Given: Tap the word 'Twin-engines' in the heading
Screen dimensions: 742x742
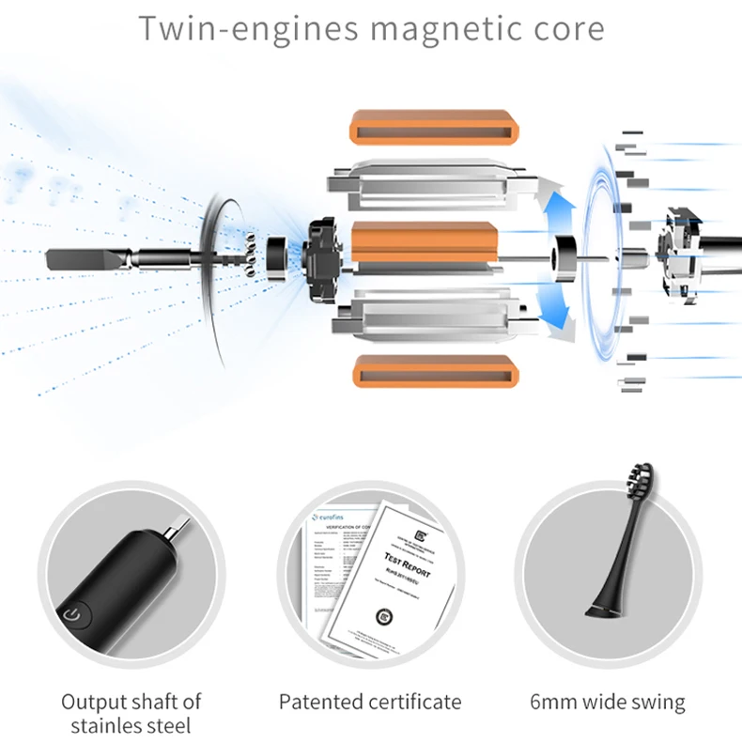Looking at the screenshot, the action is [247, 29].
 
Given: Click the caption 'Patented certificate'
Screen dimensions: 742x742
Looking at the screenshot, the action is [370, 702].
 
